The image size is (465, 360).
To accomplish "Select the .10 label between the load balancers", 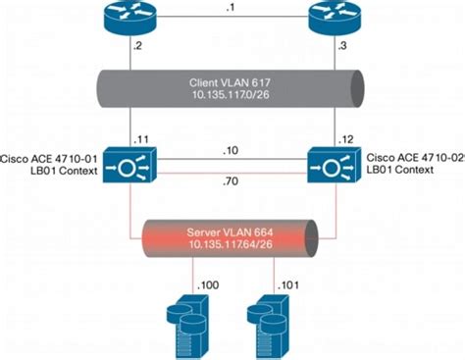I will coord(232,152).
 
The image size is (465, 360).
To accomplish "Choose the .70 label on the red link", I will coord(232,182).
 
